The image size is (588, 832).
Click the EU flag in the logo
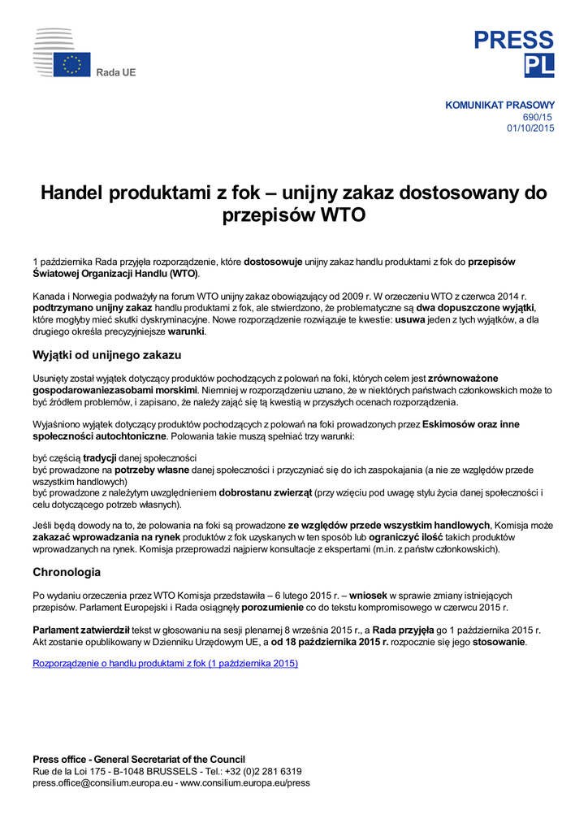[x=72, y=65]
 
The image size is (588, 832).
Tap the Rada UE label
[x=116, y=72]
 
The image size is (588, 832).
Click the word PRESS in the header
[x=514, y=41]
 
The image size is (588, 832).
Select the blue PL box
[x=539, y=66]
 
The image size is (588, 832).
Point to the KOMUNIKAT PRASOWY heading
[x=499, y=105]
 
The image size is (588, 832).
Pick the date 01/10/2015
[x=530, y=128]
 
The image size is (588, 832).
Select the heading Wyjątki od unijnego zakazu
[x=106, y=355]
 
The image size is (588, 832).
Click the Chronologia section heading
[x=67, y=572]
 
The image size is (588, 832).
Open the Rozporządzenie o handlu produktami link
[x=165, y=663]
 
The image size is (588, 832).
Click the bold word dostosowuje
[x=273, y=262]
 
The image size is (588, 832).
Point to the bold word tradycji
[x=100, y=457]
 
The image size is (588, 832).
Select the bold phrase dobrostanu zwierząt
[x=266, y=492]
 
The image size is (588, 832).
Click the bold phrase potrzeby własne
[x=152, y=470]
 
